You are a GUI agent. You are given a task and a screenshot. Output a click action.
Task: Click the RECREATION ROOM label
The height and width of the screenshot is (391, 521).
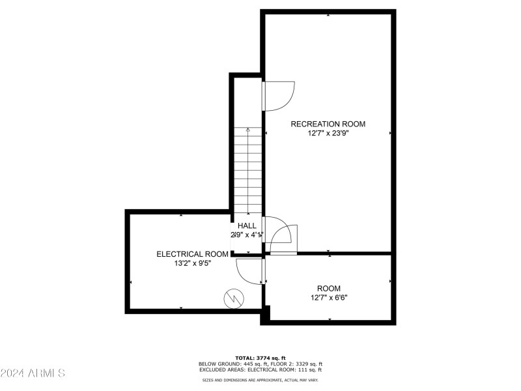pos(328,124)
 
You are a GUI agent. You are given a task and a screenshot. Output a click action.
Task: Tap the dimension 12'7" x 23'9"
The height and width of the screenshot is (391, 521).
pos(328,134)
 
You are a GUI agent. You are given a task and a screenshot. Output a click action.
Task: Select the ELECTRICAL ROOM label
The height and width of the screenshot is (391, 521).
pos(192,254)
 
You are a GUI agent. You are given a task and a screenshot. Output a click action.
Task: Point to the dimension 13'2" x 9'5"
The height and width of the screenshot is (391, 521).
pos(192,264)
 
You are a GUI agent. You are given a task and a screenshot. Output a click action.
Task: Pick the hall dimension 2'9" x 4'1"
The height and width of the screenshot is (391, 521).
pos(247,235)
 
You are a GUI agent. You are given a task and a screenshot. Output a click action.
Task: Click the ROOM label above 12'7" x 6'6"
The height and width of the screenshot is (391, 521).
pos(328,288)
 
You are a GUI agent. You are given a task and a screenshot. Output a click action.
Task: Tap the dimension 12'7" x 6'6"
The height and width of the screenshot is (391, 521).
pos(328,298)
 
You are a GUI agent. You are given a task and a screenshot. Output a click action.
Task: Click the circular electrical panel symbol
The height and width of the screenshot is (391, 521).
pos(232,298)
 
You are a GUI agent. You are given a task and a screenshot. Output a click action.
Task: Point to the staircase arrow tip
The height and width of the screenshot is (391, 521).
pos(247,129)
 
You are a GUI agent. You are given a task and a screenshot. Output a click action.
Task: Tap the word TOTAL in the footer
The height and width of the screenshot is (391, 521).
pos(244,358)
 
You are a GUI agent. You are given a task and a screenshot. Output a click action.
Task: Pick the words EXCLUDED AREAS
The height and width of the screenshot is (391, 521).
pos(219,370)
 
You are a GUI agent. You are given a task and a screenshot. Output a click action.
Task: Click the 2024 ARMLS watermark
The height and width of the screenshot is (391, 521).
pos(33,373)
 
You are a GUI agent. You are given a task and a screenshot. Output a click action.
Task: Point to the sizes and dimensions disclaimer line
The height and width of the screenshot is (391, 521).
pos(260,380)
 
